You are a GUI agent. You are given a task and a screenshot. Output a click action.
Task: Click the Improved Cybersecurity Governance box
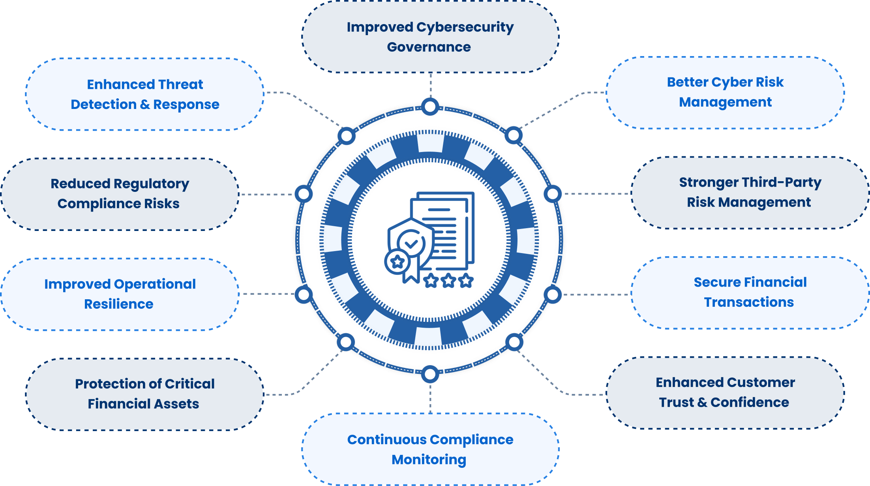430,37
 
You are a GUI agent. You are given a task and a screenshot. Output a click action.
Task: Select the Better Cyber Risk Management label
725,92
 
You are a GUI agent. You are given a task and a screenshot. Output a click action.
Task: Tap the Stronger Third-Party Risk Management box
750,193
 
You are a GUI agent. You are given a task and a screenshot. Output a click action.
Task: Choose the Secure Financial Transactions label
750,292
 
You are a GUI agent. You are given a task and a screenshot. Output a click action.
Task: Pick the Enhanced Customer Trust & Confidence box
725,393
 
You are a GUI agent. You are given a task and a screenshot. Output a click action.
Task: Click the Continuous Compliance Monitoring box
430,449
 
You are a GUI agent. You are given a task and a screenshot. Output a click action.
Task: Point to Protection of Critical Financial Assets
144,394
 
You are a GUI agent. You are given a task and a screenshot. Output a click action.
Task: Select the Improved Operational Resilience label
120,294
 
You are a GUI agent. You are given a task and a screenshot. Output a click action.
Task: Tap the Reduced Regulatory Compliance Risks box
120,194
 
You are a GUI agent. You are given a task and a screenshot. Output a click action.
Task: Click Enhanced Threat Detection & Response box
144,94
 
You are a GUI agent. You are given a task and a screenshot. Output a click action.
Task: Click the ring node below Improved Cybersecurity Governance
430,107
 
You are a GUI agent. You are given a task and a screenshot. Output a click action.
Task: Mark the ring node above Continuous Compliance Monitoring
430,374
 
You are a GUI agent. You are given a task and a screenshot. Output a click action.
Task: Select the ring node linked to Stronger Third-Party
553,194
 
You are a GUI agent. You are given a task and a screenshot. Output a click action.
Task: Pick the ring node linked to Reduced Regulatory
304,194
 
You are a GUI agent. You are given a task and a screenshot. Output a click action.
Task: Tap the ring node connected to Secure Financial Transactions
553,295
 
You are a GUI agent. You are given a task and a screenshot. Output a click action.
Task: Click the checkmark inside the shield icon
411,243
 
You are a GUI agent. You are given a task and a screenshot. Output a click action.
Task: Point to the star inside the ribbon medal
397,261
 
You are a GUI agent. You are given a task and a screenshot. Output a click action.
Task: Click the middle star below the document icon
448,281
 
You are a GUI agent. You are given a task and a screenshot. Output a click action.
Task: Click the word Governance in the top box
429,47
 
